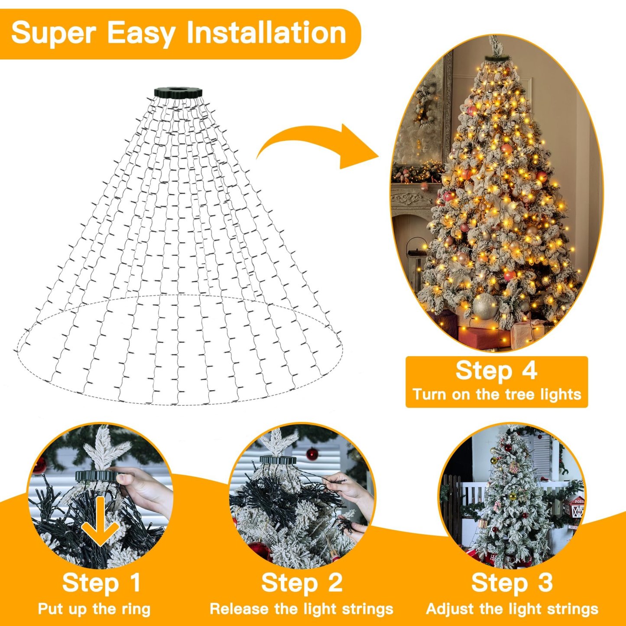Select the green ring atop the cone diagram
click(178, 93)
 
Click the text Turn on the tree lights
click(496, 395)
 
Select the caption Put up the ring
click(94, 609)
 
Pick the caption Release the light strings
click(302, 609)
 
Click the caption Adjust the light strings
click(512, 609)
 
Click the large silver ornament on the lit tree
click(484, 306)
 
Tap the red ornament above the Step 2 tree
click(312, 454)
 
